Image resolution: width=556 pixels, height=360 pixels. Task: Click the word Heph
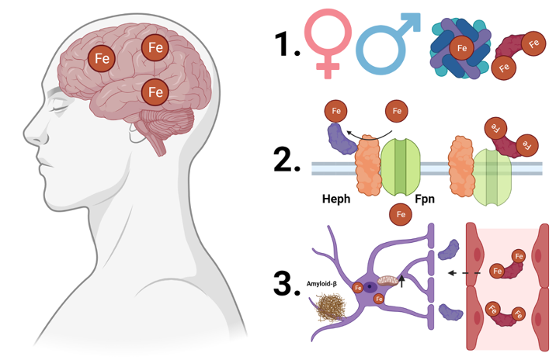336,199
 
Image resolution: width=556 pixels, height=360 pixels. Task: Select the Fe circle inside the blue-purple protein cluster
462,49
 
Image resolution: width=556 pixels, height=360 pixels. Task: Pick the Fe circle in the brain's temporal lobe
155,92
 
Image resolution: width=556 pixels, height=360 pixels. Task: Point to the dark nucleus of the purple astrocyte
370,286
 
